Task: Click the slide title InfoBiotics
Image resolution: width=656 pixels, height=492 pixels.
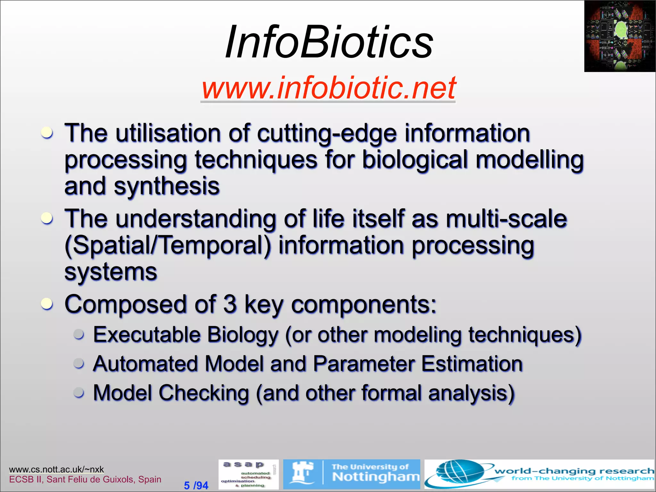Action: coord(329,42)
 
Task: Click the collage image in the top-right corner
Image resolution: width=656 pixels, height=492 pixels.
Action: coord(620,36)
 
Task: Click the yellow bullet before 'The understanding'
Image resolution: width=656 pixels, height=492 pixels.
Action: coord(47,218)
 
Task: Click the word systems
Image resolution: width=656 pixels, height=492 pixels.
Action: coord(111,272)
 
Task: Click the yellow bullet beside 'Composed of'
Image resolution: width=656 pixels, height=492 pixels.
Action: coord(47,304)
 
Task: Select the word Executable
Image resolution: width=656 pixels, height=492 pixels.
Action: coord(147,335)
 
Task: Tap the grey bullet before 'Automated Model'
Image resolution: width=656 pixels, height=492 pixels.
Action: coord(79,364)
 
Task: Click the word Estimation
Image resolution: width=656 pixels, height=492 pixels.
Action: coord(471,364)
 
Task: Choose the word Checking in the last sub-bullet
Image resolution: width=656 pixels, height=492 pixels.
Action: coord(204,393)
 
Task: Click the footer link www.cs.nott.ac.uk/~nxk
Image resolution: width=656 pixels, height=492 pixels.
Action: coord(56,469)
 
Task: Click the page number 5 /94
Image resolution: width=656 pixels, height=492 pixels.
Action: coord(196,485)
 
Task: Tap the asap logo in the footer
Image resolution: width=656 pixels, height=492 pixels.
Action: coord(248,474)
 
